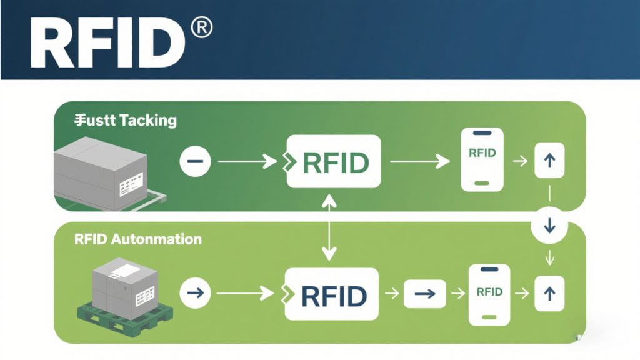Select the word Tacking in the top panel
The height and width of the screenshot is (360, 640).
tap(148, 120)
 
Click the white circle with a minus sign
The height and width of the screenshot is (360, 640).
tap(195, 162)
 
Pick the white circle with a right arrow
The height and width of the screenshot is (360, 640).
tap(195, 292)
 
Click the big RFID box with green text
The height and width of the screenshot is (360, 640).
tap(334, 161)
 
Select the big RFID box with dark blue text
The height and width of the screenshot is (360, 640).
tap(332, 293)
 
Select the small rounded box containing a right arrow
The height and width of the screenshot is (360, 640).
tap(424, 293)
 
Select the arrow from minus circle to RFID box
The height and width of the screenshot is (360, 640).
tap(247, 162)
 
